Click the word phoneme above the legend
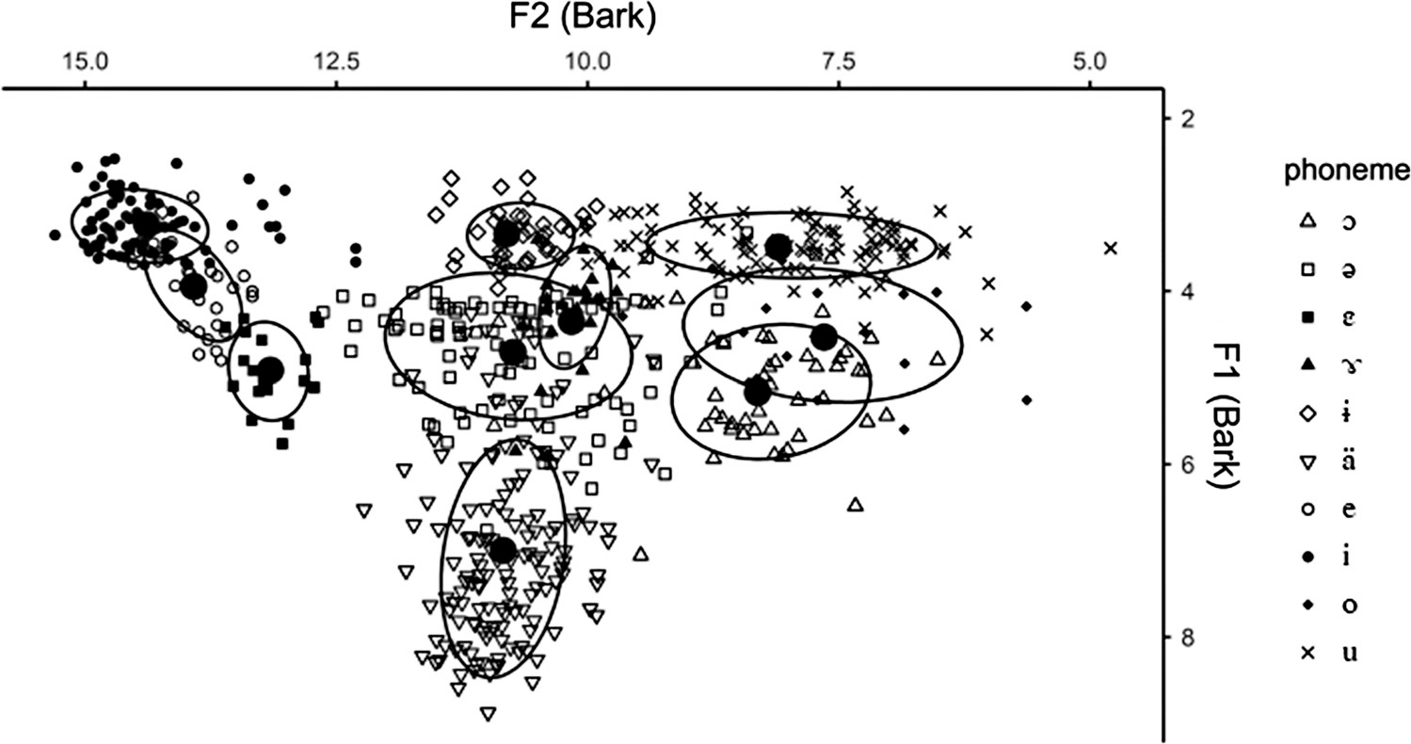(x=1346, y=172)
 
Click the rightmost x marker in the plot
(x=1111, y=249)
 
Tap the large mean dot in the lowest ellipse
(x=504, y=549)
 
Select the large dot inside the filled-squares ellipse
(x=270, y=368)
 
